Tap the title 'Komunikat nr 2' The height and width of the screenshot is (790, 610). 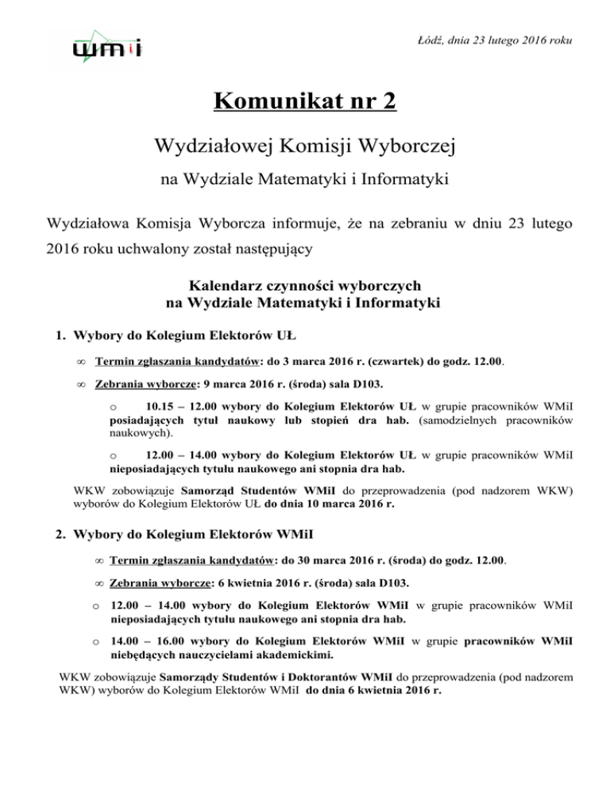coord(304,103)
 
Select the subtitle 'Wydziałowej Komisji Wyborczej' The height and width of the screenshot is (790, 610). coord(304,145)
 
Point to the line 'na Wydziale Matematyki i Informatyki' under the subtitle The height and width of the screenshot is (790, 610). coord(304,180)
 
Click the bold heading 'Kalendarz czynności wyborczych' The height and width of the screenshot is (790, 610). coord(304,285)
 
